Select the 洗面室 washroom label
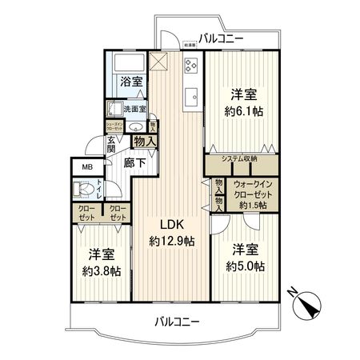coord(134,110)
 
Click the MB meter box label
coord(86,167)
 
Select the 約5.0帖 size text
coord(242,266)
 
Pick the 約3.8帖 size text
coord(101,272)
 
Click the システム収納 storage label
coord(239,158)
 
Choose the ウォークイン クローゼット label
coord(253,190)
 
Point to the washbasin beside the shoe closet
coord(134,126)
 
